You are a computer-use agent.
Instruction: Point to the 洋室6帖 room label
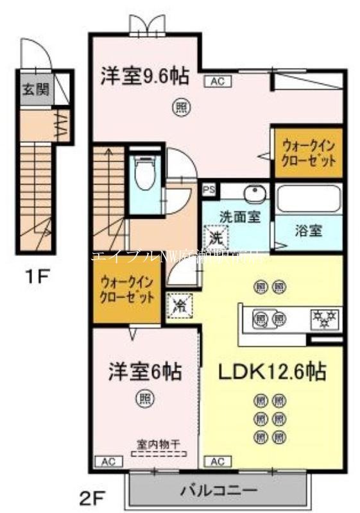click(x=144, y=371)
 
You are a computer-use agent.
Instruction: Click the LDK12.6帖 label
click(x=273, y=371)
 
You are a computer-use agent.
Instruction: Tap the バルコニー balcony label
click(x=219, y=491)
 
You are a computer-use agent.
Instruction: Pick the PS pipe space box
click(x=209, y=190)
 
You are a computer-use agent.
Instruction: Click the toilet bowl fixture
click(x=145, y=174)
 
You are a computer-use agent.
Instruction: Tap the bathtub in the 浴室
click(x=308, y=199)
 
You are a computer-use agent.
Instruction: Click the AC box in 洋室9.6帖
click(x=214, y=81)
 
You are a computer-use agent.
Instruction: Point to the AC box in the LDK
click(x=217, y=460)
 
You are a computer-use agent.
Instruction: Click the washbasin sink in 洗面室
click(x=255, y=194)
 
